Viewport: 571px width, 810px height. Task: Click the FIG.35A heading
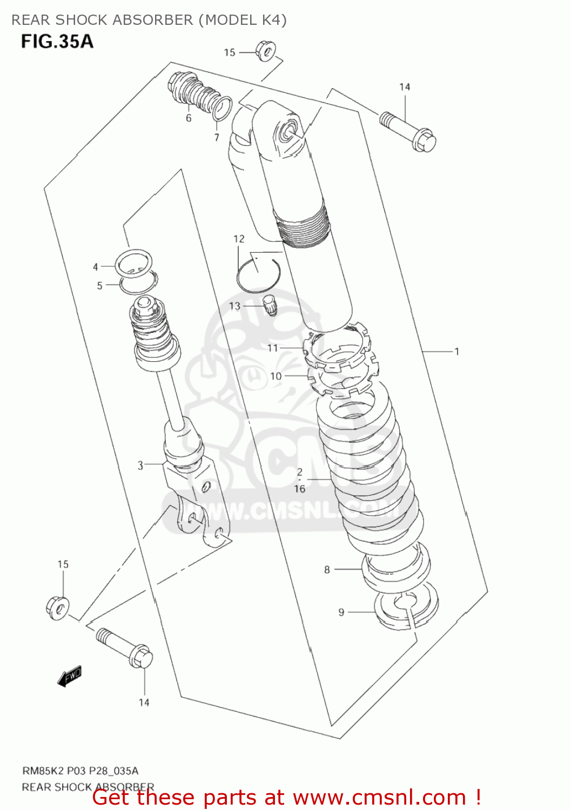point(57,42)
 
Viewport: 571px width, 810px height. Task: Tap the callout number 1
point(456,352)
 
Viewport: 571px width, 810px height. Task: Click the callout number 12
point(239,239)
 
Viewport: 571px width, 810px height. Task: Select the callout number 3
point(140,465)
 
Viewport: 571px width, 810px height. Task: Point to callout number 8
point(327,569)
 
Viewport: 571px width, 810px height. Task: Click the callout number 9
point(341,612)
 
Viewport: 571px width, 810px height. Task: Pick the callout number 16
point(300,489)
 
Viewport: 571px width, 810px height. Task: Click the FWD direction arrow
point(70,676)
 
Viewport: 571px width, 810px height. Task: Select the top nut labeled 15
point(265,51)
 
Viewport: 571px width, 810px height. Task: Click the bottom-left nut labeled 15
point(57,608)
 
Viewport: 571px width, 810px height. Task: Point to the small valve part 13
point(270,305)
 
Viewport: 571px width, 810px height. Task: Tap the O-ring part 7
point(222,109)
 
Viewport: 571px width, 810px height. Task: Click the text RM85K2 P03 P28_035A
point(80,771)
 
